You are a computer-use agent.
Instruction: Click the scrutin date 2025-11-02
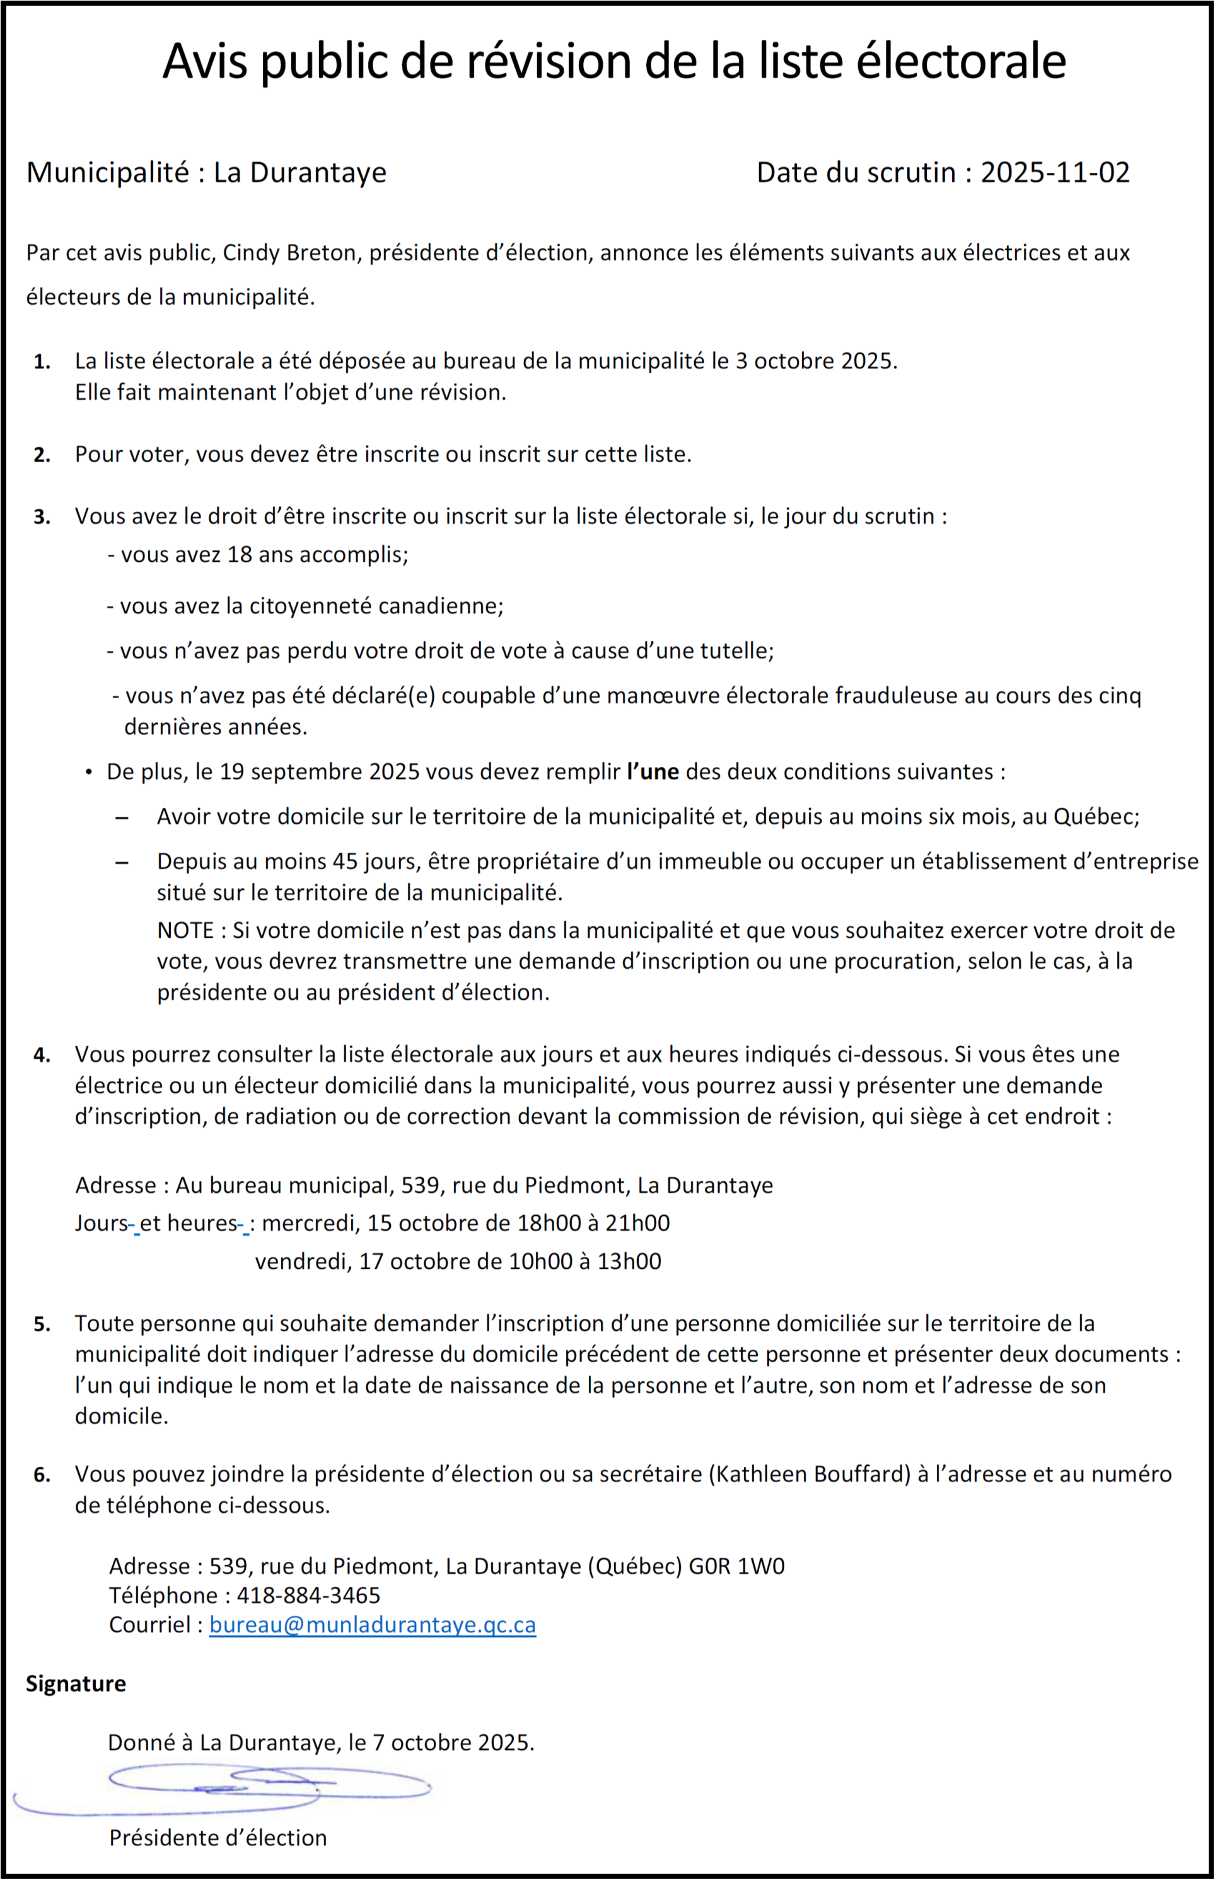pyautogui.click(x=1055, y=173)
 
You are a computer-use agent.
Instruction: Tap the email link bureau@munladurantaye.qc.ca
pyautogui.click(x=373, y=1625)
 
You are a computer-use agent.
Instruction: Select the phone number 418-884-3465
pyautogui.click(x=308, y=1595)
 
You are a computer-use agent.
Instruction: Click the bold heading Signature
pyautogui.click(x=76, y=1684)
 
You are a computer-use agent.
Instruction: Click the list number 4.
pyautogui.click(x=42, y=1055)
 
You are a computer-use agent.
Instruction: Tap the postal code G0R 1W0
pyautogui.click(x=736, y=1566)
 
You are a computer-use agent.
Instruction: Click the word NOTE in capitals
pyautogui.click(x=185, y=930)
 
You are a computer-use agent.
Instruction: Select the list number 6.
pyautogui.click(x=42, y=1474)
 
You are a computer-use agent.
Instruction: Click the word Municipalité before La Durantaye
pyautogui.click(x=108, y=173)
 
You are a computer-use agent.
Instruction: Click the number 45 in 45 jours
pyautogui.click(x=346, y=861)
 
